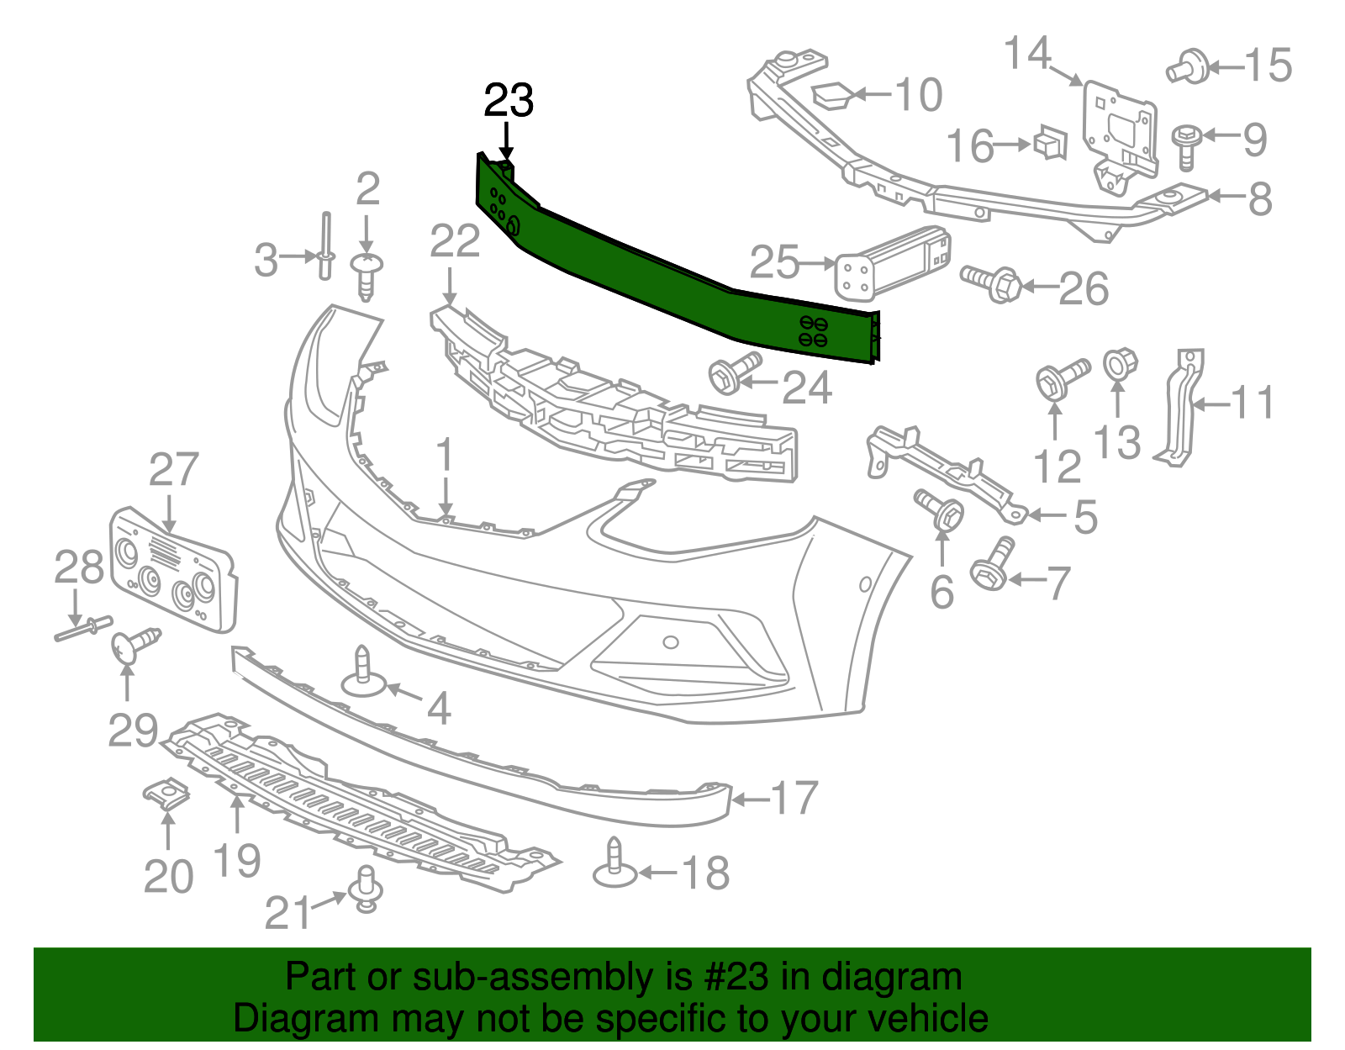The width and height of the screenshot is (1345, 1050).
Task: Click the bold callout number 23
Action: pyautogui.click(x=509, y=101)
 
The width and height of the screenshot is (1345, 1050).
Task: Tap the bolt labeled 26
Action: pyautogui.click(x=992, y=282)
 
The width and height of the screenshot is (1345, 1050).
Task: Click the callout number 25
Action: pyautogui.click(x=773, y=262)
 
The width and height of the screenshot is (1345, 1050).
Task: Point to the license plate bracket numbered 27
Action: pyautogui.click(x=172, y=572)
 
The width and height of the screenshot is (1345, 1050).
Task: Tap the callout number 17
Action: pyautogui.click(x=794, y=798)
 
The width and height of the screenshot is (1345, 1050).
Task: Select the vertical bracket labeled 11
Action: pyautogui.click(x=1180, y=408)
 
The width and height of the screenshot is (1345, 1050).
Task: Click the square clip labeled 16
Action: pyautogui.click(x=1050, y=143)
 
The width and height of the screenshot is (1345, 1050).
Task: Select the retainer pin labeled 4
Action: pyautogui.click(x=363, y=673)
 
